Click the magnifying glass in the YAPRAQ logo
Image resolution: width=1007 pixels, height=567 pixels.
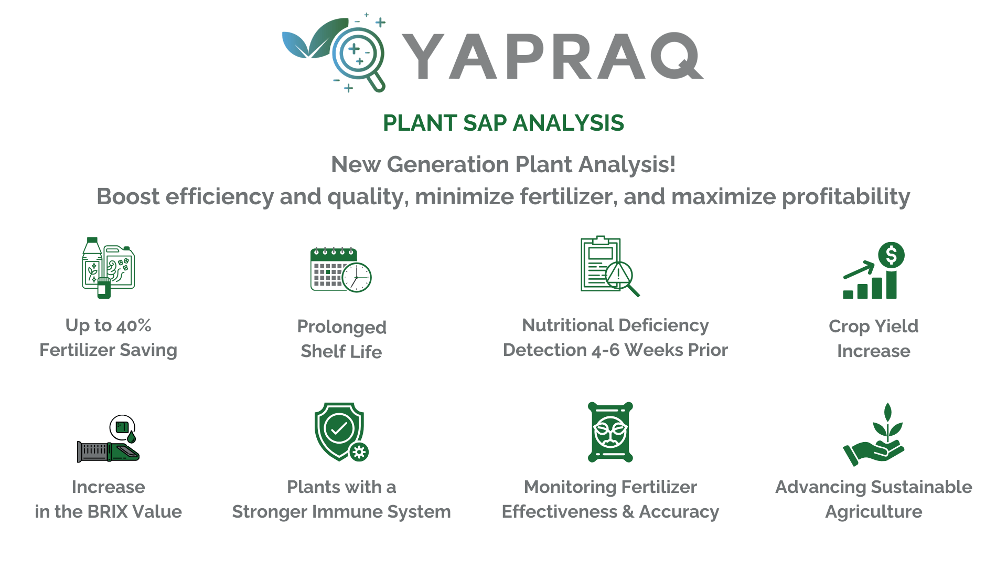point(358,54)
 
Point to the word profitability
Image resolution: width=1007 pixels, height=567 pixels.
point(845,197)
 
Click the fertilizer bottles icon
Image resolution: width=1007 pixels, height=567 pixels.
point(108,268)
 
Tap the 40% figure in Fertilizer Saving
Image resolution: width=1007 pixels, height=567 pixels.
point(134,326)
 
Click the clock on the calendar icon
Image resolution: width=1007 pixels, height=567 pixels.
point(357,277)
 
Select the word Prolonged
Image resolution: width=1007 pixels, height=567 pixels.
point(341,327)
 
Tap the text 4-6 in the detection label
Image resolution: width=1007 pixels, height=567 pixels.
point(606,350)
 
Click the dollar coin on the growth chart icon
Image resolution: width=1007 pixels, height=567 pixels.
point(891,255)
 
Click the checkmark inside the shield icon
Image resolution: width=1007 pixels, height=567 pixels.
point(339,428)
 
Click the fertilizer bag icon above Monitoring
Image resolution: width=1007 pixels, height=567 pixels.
point(610,432)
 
